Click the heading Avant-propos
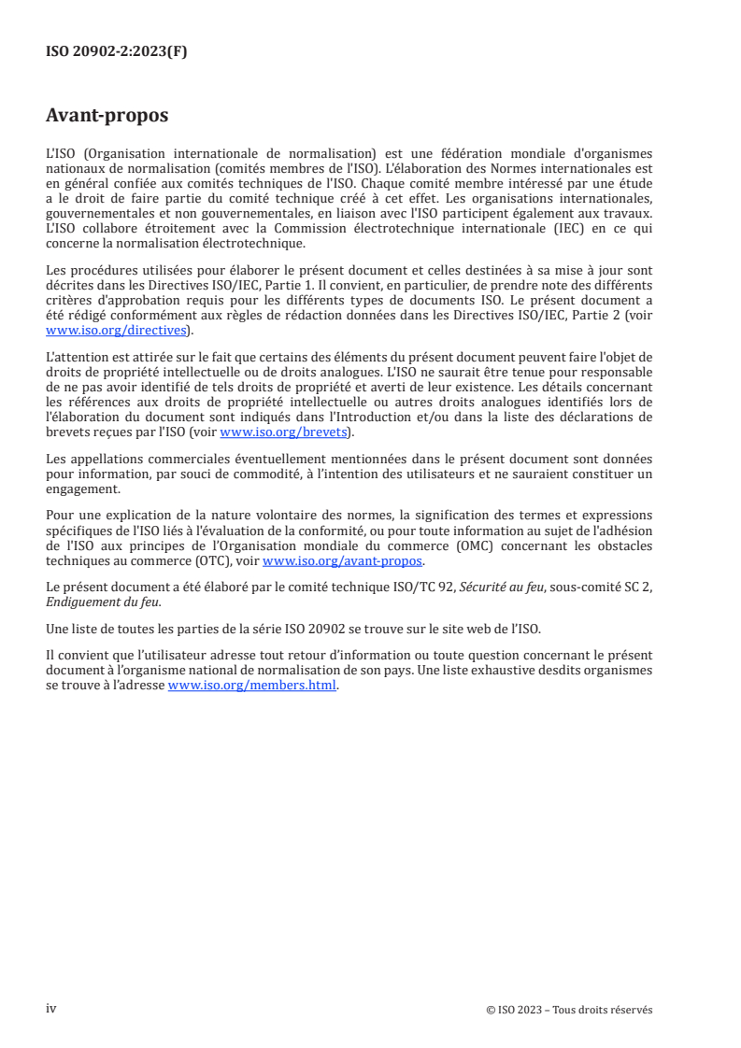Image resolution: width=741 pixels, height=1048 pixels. [x=107, y=117]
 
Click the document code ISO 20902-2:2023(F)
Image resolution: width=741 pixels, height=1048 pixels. [x=116, y=52]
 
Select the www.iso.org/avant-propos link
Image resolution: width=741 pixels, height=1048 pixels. [x=343, y=561]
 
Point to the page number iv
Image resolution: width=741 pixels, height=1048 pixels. [x=51, y=1009]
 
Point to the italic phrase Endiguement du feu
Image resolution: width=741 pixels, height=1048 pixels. [x=96, y=601]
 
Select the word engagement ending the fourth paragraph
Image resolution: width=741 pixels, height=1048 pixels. [x=82, y=489]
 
